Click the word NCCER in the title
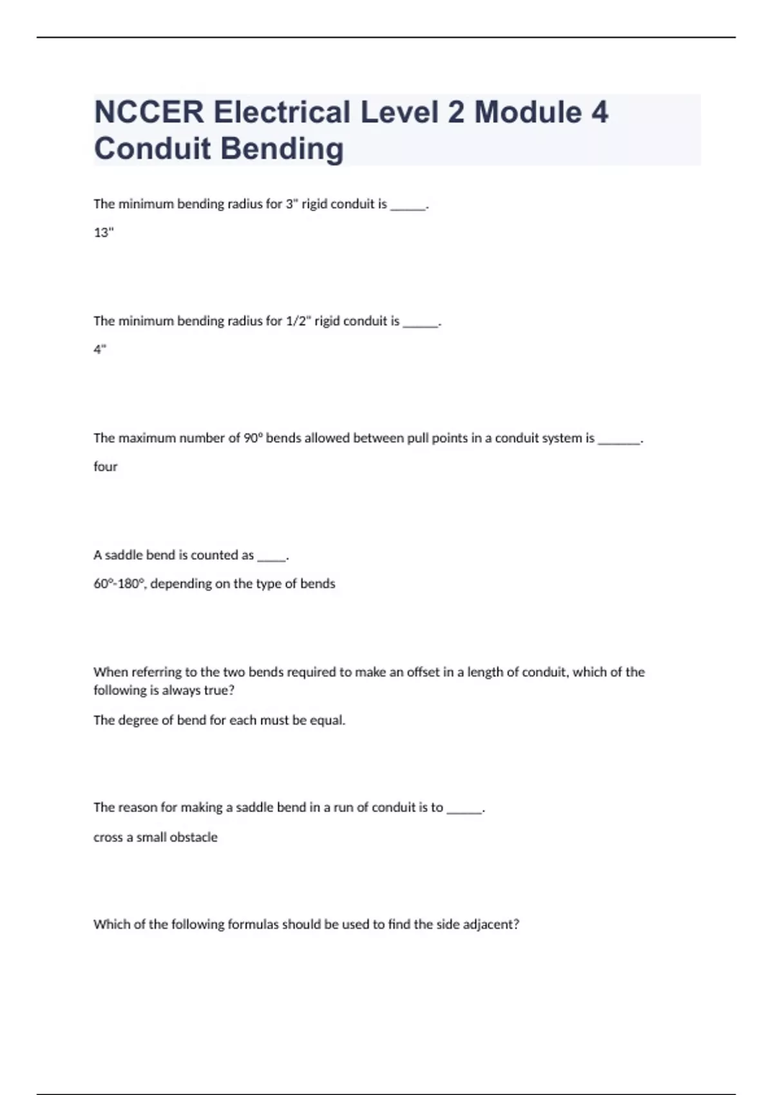coord(148,112)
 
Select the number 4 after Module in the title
coord(599,112)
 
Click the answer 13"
coord(103,233)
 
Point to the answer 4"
coord(100,350)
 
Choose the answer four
coord(105,466)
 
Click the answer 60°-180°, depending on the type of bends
coord(214,584)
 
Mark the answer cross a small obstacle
coord(155,837)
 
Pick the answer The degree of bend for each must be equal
coord(219,720)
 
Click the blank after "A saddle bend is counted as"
coord(271,558)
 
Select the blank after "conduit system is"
coord(619,441)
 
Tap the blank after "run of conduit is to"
coord(464,810)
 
